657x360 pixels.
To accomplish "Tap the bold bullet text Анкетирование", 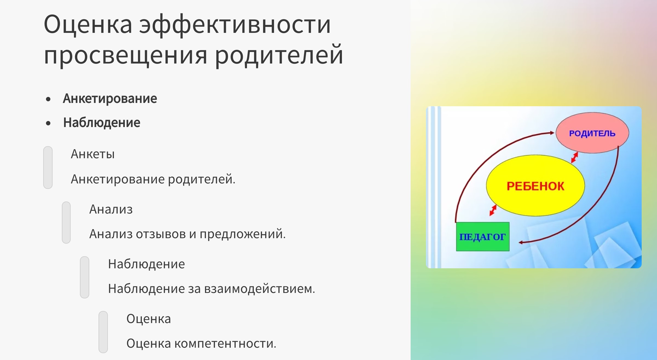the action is pyautogui.click(x=110, y=99).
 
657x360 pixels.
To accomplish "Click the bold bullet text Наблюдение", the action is pyautogui.click(x=102, y=123).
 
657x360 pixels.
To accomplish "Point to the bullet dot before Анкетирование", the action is pyautogui.click(x=48, y=99).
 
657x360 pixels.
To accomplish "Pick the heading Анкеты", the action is pyautogui.click(x=93, y=154).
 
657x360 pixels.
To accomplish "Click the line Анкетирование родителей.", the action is pyautogui.click(x=153, y=179).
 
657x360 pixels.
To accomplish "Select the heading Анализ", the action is pyautogui.click(x=111, y=209).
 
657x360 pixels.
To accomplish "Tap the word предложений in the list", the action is pyautogui.click(x=243, y=234).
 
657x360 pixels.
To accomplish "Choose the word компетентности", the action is pyautogui.click(x=225, y=344).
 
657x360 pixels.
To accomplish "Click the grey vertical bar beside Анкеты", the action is pyautogui.click(x=48, y=168).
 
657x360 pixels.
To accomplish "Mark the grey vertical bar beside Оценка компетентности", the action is pyautogui.click(x=103, y=332).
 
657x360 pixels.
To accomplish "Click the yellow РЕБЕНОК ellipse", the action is pyautogui.click(x=535, y=186).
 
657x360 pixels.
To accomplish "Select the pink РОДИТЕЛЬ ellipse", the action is pyautogui.click(x=592, y=133).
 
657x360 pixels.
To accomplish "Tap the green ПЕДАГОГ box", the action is pyautogui.click(x=483, y=237).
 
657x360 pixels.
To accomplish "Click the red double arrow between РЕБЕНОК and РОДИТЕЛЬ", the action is pyautogui.click(x=575, y=157).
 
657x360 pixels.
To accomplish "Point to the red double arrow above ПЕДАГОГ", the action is pyautogui.click(x=493, y=210).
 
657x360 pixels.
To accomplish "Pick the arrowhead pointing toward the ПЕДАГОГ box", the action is pyautogui.click(x=521, y=242).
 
